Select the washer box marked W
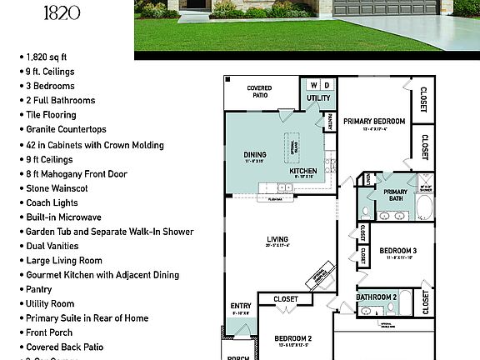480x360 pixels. click(x=313, y=85)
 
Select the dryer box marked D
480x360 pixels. click(x=327, y=85)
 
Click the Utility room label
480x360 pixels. click(x=318, y=98)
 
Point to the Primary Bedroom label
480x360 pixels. click(x=374, y=122)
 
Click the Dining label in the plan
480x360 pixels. click(x=254, y=154)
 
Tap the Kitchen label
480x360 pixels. click(x=302, y=171)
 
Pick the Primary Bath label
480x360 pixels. click(x=395, y=192)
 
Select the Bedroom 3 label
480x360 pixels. click(x=397, y=251)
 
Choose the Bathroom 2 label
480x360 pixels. click(x=377, y=297)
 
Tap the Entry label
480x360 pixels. click(x=241, y=306)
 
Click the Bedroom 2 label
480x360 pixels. click(x=293, y=337)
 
